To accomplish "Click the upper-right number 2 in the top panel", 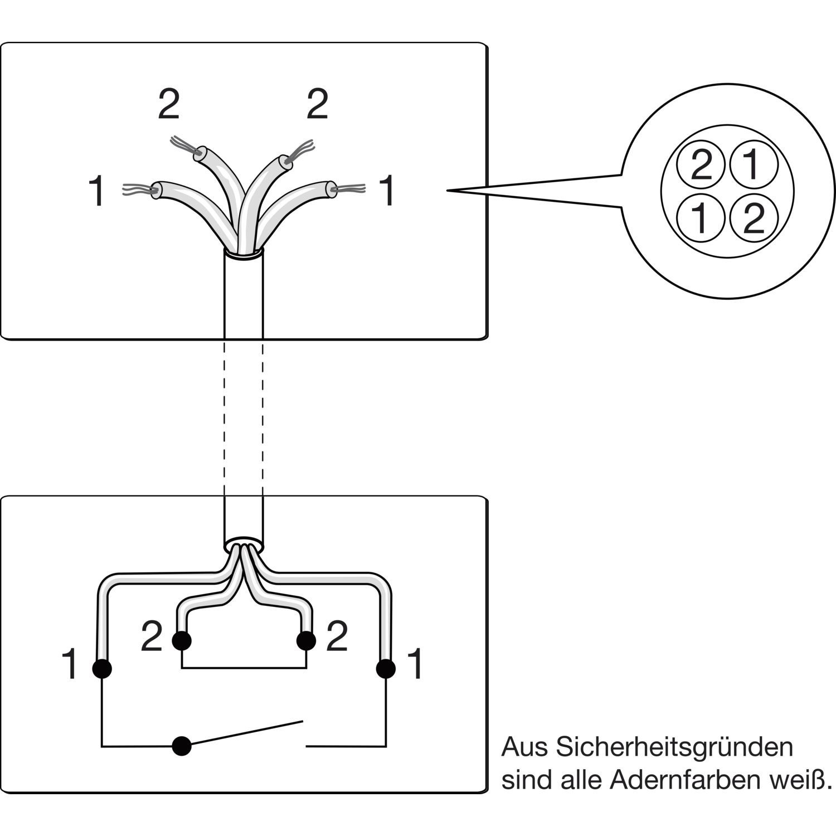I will pyautogui.click(x=317, y=104).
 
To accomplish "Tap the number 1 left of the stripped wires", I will pyautogui.click(x=97, y=191).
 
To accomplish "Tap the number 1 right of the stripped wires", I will pyautogui.click(x=387, y=191).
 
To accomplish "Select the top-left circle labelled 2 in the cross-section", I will pyautogui.click(x=701, y=166).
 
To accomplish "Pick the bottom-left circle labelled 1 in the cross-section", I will pyautogui.click(x=701, y=218).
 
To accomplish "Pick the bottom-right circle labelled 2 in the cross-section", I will pyautogui.click(x=753, y=218).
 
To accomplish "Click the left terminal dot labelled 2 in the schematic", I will pyautogui.click(x=182, y=641).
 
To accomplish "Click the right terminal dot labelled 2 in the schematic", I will pyautogui.click(x=306, y=641).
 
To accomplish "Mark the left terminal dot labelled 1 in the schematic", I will pyautogui.click(x=101, y=668).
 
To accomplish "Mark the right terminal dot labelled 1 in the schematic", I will pyautogui.click(x=386, y=668).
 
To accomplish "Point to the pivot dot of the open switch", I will pyautogui.click(x=181, y=746).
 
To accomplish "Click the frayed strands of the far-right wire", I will pyautogui.click(x=351, y=189).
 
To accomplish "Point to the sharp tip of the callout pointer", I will pyautogui.click(x=449, y=191).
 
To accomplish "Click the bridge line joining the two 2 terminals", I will pyautogui.click(x=244, y=668).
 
